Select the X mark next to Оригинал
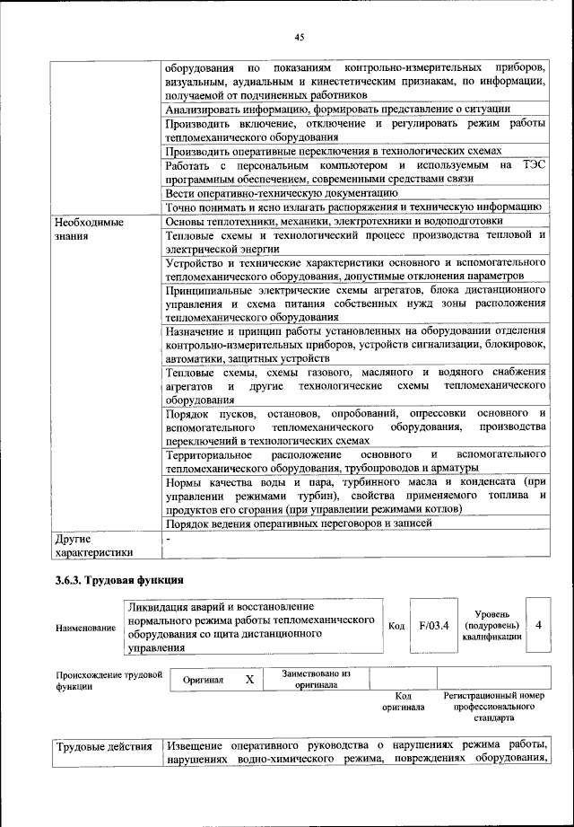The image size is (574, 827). click(250, 680)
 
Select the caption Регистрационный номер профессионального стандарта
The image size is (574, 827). click(494, 707)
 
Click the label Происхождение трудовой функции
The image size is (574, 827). click(108, 680)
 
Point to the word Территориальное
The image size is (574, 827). click(212, 455)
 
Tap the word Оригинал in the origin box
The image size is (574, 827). click(203, 681)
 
